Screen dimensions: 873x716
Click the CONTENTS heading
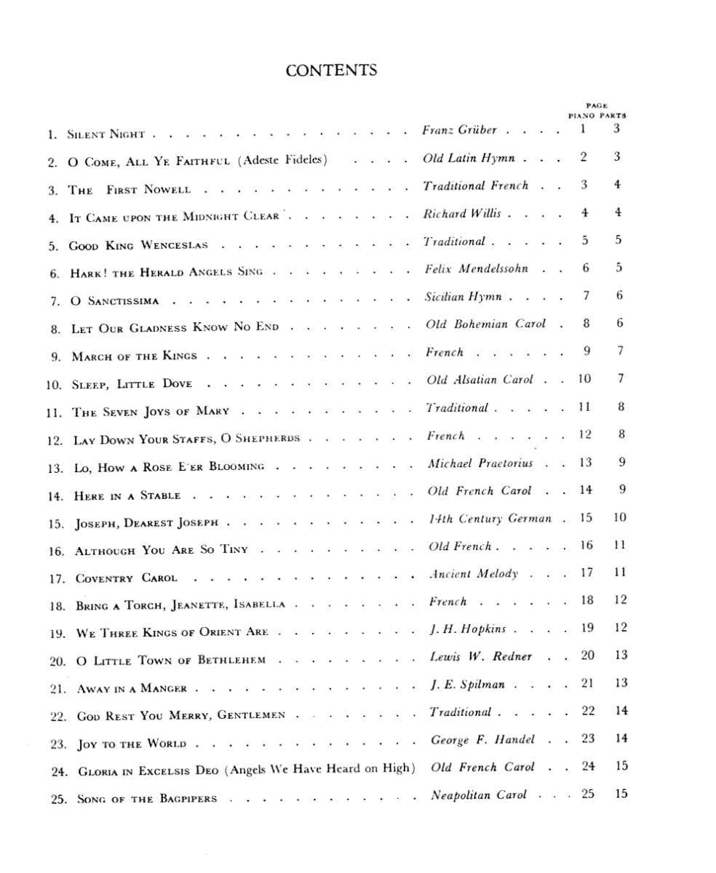(x=331, y=71)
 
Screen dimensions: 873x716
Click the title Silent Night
(x=106, y=135)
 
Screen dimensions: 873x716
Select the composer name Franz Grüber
(x=459, y=130)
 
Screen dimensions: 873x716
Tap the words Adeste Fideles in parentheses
(x=282, y=160)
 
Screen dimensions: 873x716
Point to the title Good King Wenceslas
(x=138, y=246)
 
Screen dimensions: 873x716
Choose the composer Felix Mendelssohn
(x=477, y=269)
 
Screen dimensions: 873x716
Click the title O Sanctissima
(x=114, y=301)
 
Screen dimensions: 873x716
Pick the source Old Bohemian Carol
(x=485, y=324)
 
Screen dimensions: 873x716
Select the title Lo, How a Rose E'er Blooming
(x=169, y=467)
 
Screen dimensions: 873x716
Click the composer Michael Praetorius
(x=480, y=463)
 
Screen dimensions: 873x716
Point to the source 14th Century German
(x=490, y=519)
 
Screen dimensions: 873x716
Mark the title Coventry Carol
(x=126, y=579)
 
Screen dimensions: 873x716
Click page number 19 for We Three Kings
(x=587, y=628)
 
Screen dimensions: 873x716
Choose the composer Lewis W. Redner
(x=481, y=656)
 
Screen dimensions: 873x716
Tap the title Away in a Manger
(x=132, y=688)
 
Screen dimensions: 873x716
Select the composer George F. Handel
(x=482, y=740)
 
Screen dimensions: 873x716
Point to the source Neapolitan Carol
(x=478, y=795)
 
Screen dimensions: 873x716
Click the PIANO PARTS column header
(x=597, y=115)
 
